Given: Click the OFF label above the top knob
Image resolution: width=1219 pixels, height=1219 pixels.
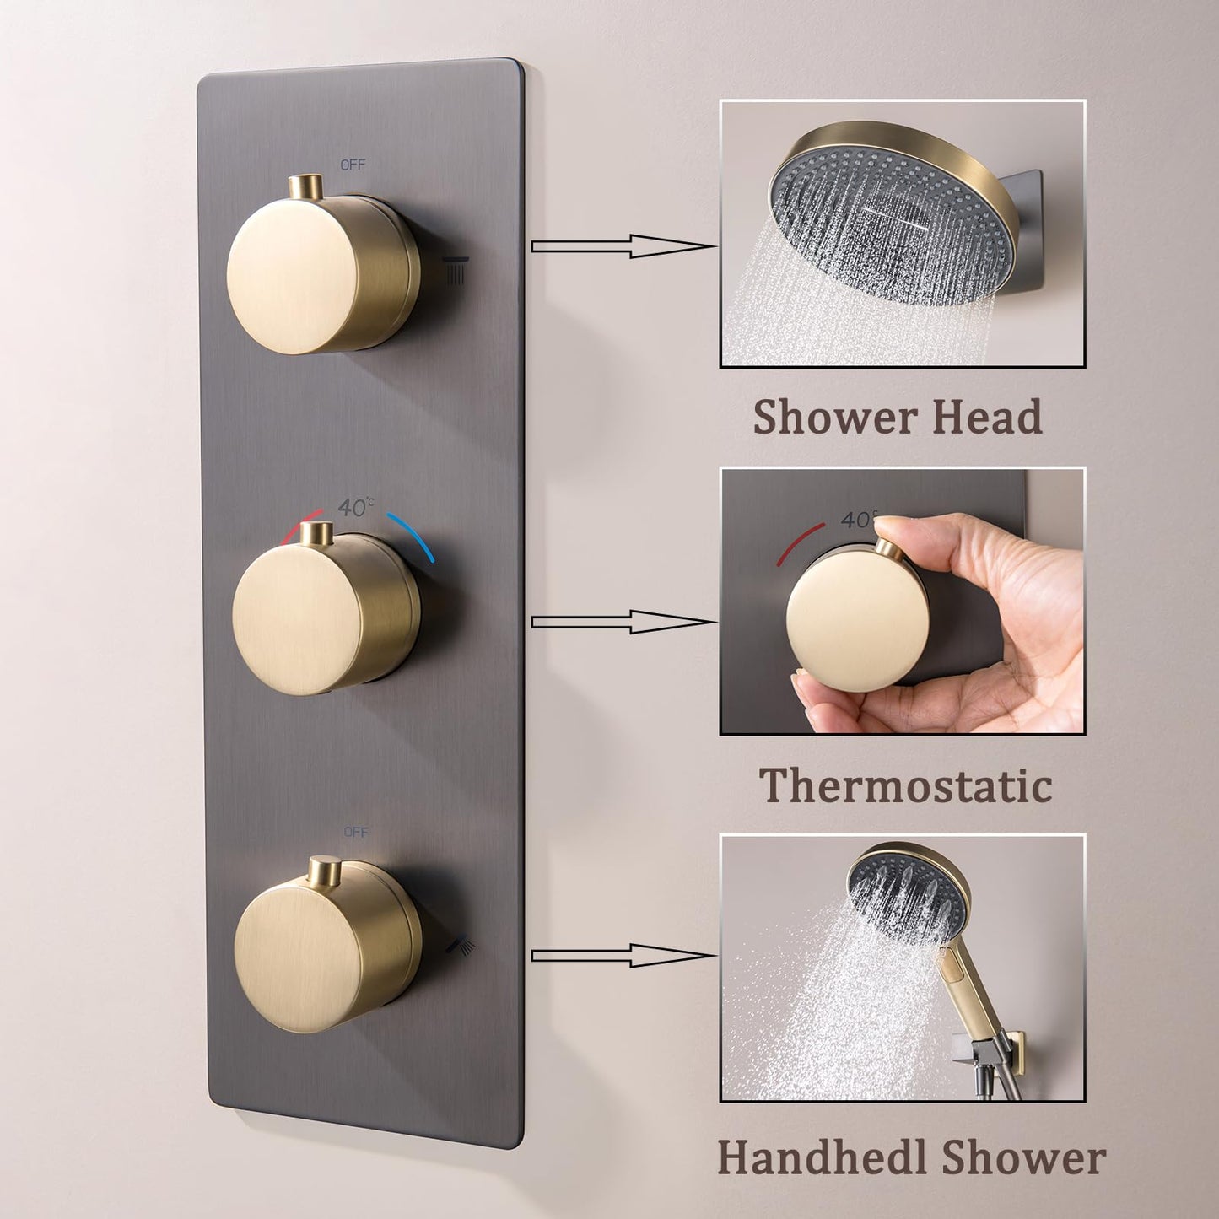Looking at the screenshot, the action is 353,165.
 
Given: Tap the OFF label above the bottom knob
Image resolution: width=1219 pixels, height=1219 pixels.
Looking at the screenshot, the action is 355,832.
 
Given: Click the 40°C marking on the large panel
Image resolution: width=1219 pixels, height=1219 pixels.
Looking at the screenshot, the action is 355,507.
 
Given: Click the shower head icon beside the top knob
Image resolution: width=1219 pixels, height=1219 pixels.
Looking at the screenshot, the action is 456,269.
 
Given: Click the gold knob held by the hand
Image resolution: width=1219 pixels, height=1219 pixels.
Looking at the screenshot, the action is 854,617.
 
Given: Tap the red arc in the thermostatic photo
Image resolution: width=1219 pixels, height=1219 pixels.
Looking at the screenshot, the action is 799,541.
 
